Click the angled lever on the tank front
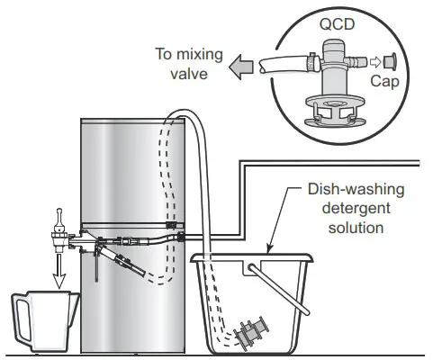(124, 264)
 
